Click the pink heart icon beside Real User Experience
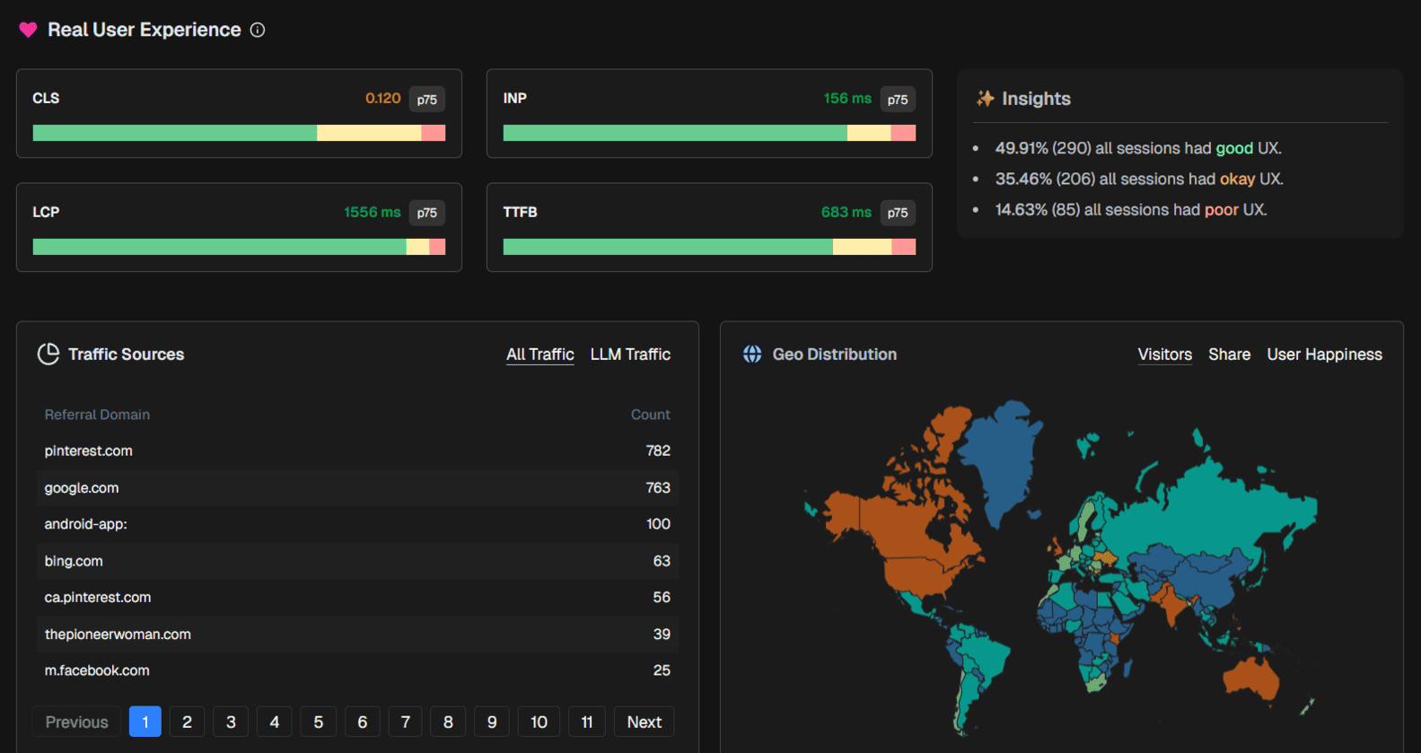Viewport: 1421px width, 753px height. [28, 30]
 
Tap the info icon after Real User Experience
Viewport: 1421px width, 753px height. [258, 30]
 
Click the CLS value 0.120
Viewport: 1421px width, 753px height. [382, 98]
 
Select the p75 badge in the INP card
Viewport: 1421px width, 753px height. [898, 99]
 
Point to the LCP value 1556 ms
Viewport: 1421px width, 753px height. [372, 212]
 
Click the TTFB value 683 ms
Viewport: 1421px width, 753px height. [846, 212]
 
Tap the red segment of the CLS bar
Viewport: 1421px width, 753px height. [434, 133]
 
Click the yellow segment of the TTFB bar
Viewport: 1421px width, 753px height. [862, 247]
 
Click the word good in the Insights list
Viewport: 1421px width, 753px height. [1234, 148]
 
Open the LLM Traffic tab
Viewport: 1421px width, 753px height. [630, 355]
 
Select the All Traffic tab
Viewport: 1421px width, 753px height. [539, 355]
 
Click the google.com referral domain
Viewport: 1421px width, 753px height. [82, 487]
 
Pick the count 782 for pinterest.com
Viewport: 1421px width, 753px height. [658, 451]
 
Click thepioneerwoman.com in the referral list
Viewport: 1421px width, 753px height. [118, 634]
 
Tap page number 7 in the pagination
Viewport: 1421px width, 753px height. [406, 722]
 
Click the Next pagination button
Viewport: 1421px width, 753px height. [644, 722]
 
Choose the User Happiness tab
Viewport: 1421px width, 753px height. [1324, 355]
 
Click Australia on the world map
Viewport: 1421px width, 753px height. [1252, 678]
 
